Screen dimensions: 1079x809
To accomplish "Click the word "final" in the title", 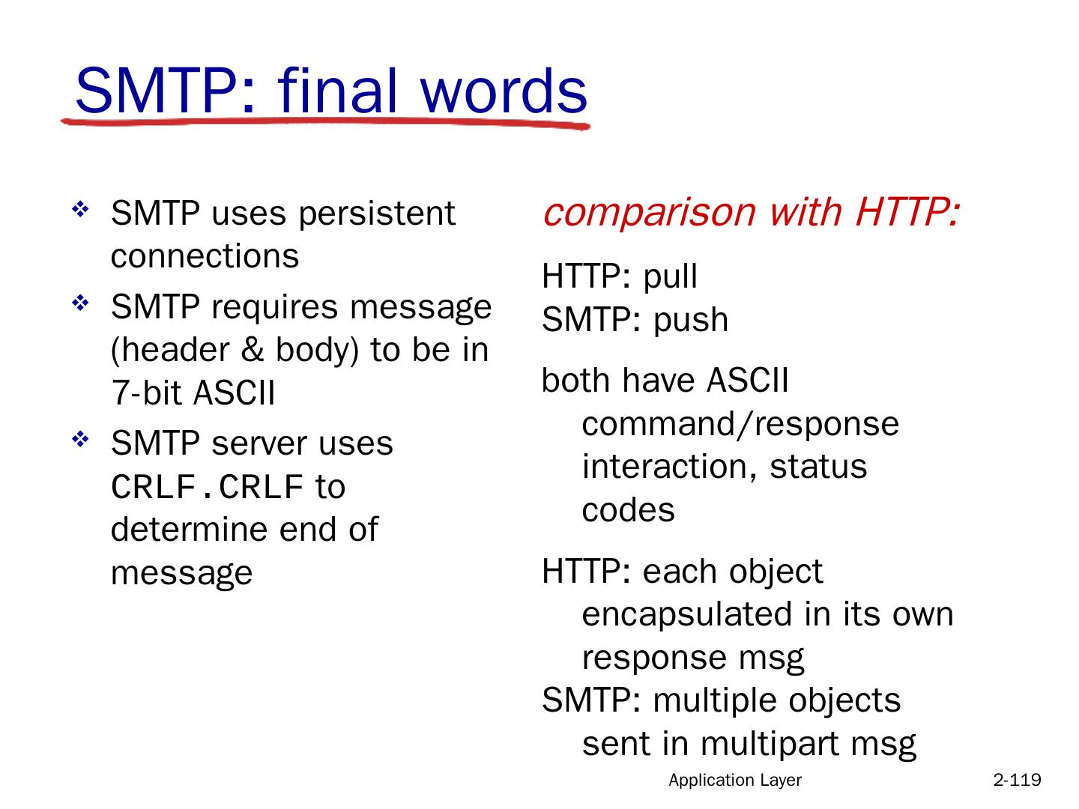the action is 337,90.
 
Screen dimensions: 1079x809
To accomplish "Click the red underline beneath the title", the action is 325,123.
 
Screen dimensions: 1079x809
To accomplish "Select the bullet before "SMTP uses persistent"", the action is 80,210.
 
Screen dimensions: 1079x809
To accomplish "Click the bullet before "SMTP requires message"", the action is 80,303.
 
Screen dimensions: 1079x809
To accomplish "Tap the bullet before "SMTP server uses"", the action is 80,439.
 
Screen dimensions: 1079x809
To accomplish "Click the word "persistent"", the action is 377,215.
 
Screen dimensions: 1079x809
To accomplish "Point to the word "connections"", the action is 205,256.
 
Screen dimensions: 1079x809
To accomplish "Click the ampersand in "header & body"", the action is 253,351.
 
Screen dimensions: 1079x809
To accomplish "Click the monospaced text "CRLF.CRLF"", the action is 207,487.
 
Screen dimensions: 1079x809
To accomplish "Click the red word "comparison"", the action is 649,213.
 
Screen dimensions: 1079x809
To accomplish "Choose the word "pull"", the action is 671,277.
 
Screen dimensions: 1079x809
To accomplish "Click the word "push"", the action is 691,321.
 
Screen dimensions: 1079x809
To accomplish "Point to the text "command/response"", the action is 740,425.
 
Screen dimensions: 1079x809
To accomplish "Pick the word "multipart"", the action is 770,744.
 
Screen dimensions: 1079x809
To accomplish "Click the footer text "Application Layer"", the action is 735,780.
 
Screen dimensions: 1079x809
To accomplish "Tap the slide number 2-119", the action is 1017,780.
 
